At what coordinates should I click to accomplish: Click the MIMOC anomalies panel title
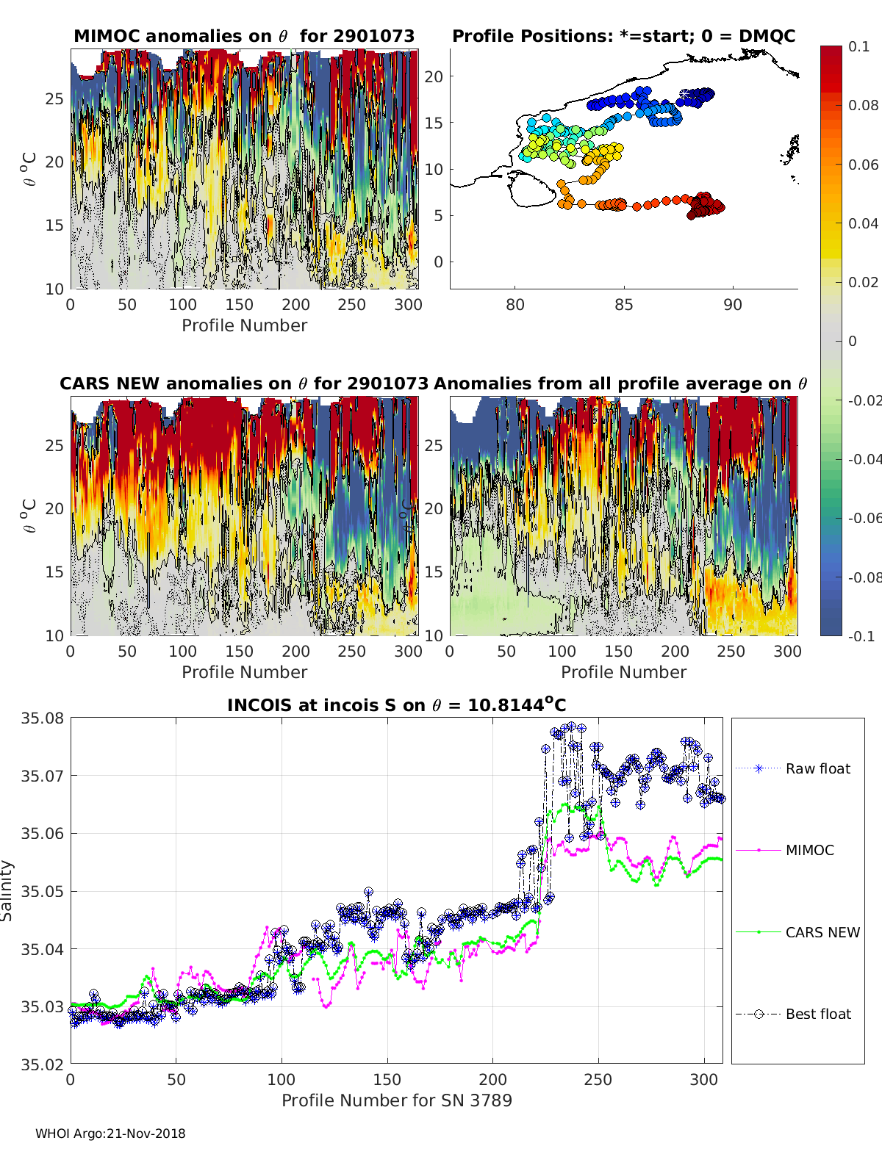[x=244, y=36]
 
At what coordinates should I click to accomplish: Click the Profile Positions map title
[x=623, y=36]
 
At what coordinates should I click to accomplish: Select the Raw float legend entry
[x=817, y=768]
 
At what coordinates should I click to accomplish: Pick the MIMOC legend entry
[x=809, y=850]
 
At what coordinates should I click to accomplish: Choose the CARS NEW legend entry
[x=822, y=932]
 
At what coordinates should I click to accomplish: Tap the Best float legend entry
[x=817, y=1014]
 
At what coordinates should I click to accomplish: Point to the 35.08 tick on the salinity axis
[x=42, y=718]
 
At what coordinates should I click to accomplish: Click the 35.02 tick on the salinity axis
[x=42, y=1064]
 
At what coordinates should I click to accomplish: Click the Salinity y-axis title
[x=7, y=890]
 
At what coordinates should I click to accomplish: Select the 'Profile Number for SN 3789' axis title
[x=396, y=1100]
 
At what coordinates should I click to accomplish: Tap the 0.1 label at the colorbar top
[x=858, y=46]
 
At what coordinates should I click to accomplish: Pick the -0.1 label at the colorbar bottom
[x=860, y=636]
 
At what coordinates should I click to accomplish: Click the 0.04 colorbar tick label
[x=863, y=223]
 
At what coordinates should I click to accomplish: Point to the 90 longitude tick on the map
[x=732, y=304]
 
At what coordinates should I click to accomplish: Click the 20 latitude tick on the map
[x=434, y=76]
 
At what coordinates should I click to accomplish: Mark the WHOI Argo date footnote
[x=110, y=1133]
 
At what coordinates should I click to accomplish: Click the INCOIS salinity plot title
[x=396, y=705]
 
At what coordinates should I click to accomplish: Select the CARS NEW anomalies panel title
[x=243, y=383]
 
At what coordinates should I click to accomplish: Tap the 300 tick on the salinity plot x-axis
[x=704, y=1079]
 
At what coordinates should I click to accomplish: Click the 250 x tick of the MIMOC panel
[x=351, y=304]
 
